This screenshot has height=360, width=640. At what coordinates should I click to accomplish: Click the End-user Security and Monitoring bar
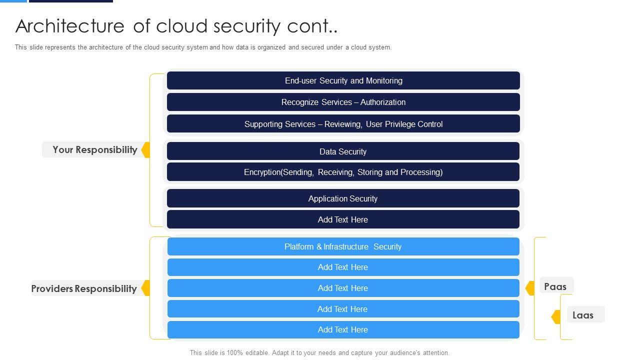tap(343, 80)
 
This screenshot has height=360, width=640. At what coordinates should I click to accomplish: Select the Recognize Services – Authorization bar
tap(343, 102)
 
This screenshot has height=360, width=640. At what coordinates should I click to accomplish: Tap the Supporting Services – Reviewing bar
tap(343, 124)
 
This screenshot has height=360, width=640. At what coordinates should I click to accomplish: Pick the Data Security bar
tap(343, 151)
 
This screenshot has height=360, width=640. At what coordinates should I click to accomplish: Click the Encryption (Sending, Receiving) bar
tap(343, 172)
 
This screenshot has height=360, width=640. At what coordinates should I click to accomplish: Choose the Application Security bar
tap(343, 198)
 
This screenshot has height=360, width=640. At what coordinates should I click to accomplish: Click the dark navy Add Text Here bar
tap(343, 219)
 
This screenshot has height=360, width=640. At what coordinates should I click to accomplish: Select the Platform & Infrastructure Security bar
tap(343, 246)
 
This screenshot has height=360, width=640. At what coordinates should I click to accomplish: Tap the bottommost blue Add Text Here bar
tap(343, 329)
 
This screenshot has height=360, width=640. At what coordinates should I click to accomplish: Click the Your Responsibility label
tap(94, 149)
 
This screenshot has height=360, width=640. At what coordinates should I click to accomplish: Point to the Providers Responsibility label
tap(84, 288)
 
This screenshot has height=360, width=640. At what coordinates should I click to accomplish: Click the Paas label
tap(555, 286)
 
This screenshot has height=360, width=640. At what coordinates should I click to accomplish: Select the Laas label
tap(583, 315)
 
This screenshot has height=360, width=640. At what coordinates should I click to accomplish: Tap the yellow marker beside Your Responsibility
tap(146, 149)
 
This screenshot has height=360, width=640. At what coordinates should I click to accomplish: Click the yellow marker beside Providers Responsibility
tap(146, 288)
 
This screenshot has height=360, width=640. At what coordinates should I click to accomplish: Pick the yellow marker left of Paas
tap(530, 288)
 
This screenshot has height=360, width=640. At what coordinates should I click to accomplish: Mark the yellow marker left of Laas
tap(556, 316)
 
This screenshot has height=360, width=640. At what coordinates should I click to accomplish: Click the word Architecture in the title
tap(70, 26)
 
